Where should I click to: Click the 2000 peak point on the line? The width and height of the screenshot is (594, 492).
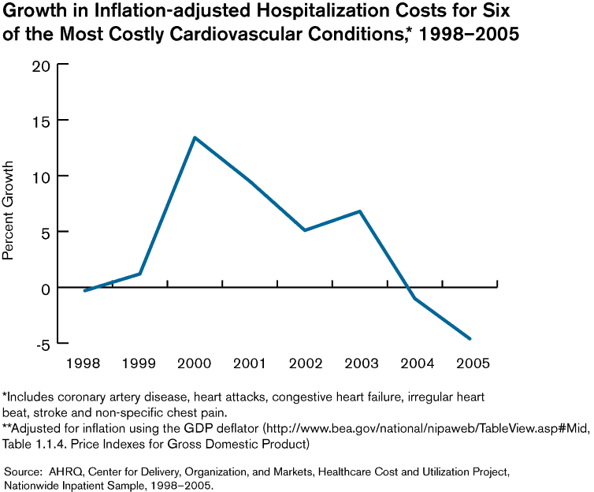(x=195, y=138)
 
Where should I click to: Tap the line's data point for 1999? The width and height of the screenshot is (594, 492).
(x=140, y=274)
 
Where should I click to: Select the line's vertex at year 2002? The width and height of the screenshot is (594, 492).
(x=305, y=230)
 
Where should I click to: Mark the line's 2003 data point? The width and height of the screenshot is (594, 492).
(x=360, y=211)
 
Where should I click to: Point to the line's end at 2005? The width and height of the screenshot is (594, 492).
(x=470, y=339)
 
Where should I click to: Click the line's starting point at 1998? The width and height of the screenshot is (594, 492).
(x=84, y=291)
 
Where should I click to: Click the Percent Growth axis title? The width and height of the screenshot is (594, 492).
(x=9, y=211)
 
